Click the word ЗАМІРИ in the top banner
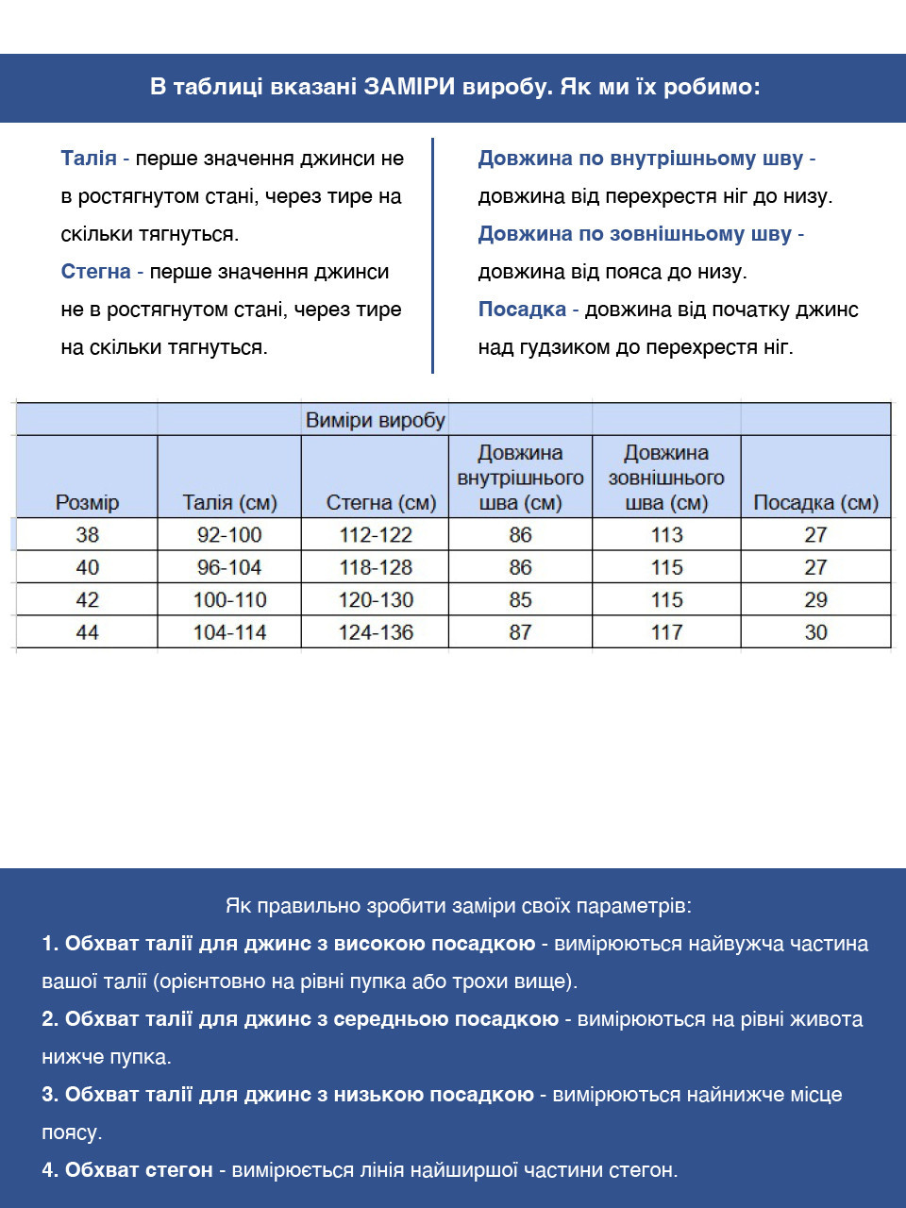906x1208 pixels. coord(410,87)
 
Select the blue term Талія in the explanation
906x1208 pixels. coord(89,159)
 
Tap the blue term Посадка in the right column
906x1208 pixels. coord(522,310)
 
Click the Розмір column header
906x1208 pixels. coord(87,502)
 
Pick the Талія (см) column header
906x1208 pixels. coord(229,502)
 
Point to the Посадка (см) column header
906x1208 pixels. coord(815,502)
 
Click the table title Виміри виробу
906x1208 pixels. coord(375,420)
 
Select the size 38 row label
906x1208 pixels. coord(87,534)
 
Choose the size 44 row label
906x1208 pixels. coord(87,632)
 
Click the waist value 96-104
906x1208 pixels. coord(229,567)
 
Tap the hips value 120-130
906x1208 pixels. coord(376,599)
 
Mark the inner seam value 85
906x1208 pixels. coord(520,599)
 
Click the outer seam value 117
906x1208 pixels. coord(666,632)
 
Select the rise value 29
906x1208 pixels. coord(815,599)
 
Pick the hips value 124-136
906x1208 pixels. coord(376,632)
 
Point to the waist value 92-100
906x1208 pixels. coord(229,534)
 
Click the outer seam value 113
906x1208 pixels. coord(666,534)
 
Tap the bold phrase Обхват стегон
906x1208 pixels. coord(139,1170)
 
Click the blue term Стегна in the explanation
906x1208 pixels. coord(95,272)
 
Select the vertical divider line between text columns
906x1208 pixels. coord(432,255)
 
